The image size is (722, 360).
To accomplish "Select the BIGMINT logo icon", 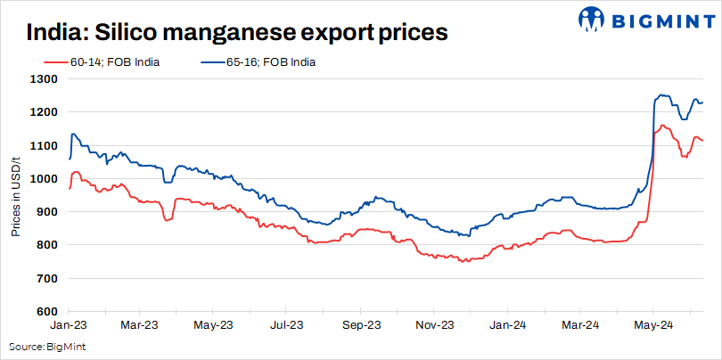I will [x=592, y=20].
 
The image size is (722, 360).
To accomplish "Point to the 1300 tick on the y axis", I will [x=44, y=79].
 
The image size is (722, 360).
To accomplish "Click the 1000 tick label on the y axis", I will [x=44, y=179].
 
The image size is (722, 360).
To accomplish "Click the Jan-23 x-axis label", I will [x=68, y=326].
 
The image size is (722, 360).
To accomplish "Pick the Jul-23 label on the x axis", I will [x=286, y=326].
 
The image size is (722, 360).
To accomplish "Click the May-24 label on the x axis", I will [x=653, y=326].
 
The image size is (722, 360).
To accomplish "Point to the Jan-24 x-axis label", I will [x=508, y=326].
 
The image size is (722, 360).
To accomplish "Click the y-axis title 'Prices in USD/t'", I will [x=15, y=195].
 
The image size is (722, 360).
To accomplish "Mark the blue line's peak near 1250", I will [x=660, y=94].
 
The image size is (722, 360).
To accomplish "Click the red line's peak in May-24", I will [x=662, y=126].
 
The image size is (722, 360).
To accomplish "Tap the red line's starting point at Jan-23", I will [x=70, y=188].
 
